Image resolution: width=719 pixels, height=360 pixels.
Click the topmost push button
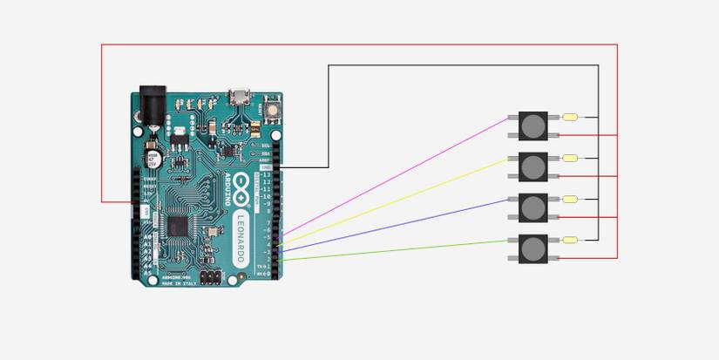click(x=532, y=126)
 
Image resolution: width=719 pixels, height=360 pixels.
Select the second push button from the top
click(x=532, y=166)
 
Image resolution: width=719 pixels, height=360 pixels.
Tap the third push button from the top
click(x=532, y=207)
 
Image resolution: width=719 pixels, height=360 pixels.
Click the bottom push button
click(x=532, y=249)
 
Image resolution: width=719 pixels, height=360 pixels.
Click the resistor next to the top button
click(x=572, y=117)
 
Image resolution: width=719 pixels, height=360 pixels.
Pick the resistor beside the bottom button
click(x=572, y=241)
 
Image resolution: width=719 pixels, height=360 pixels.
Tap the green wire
click(x=392, y=250)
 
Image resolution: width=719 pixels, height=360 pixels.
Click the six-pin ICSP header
click(x=209, y=276)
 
